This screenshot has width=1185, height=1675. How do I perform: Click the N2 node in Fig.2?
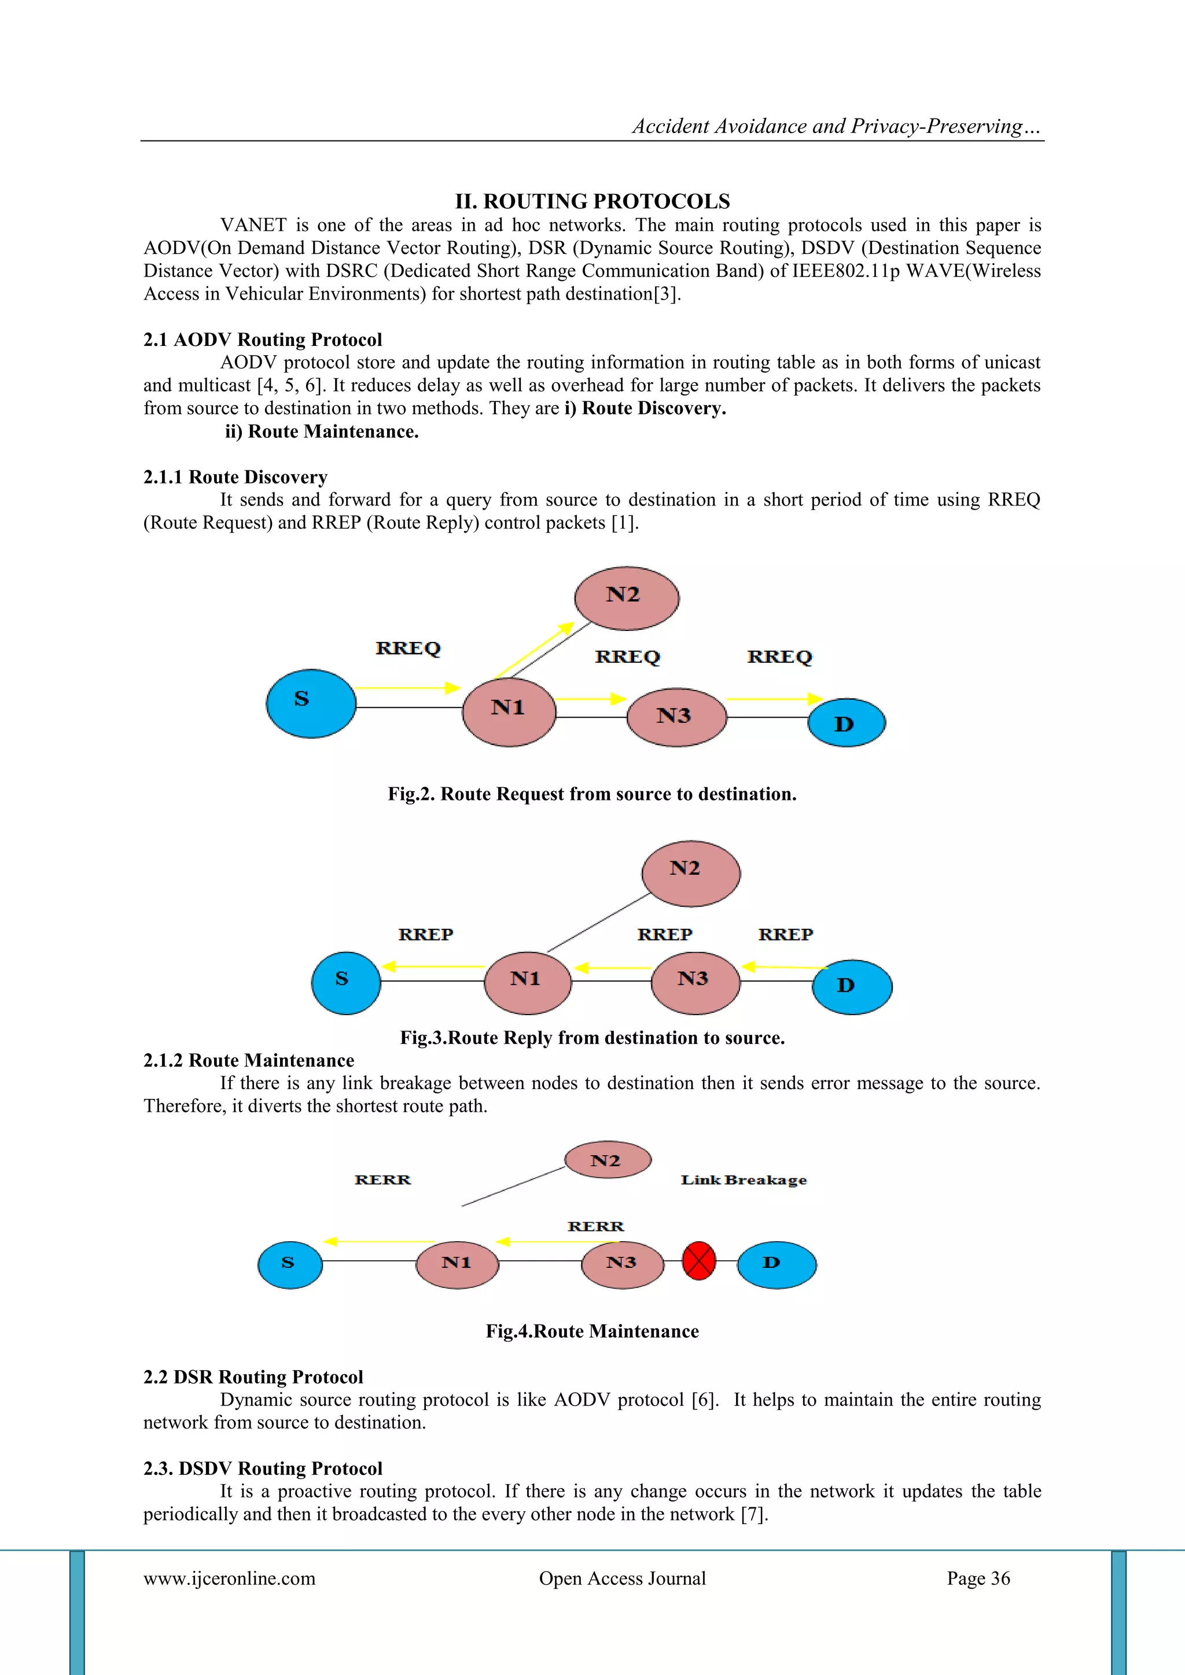tap(626, 597)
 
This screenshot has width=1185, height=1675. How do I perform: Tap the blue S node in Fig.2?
tap(311, 703)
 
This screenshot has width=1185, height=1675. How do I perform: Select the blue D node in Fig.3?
tap(852, 986)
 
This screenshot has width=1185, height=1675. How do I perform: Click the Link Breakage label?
tap(744, 1180)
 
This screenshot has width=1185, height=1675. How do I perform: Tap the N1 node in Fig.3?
tap(528, 982)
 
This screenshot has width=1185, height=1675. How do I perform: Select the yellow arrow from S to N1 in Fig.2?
tap(408, 687)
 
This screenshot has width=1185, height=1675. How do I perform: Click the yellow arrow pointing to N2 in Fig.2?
tap(533, 650)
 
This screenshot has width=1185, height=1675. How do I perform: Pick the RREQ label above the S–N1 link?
tap(408, 648)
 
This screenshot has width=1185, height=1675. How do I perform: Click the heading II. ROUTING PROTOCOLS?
tap(592, 201)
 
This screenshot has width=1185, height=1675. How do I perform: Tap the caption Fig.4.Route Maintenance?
tap(592, 1331)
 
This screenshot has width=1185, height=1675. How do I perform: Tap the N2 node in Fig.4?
tap(608, 1160)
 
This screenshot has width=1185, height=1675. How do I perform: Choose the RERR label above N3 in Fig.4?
tap(595, 1226)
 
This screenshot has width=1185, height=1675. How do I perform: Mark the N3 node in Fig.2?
tap(676, 717)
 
